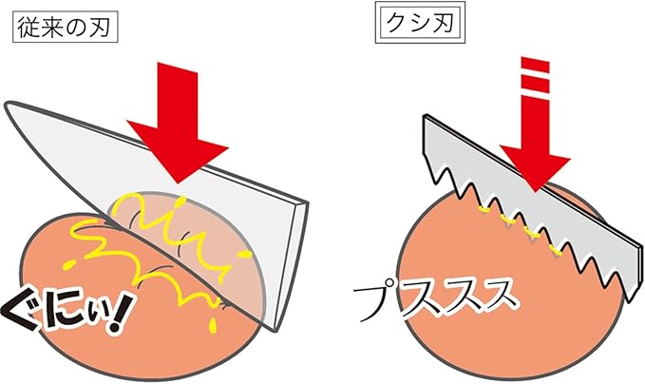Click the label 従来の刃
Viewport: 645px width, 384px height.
click(x=66, y=28)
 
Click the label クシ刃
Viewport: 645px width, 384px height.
click(x=420, y=22)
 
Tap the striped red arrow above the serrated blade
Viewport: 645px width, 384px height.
click(x=536, y=125)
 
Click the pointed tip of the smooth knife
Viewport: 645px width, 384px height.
click(x=7, y=106)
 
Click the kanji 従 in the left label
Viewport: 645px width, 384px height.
click(x=28, y=29)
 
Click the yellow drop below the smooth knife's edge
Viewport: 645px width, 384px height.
click(x=213, y=326)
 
